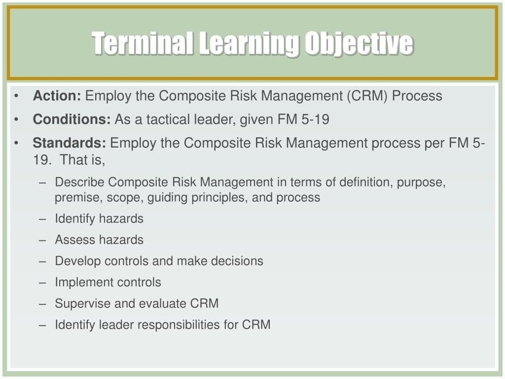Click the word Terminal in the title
point(143,43)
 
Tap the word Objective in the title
point(359,43)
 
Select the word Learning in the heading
point(250,43)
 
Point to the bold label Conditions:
point(72,119)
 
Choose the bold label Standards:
point(70,143)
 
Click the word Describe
point(80,183)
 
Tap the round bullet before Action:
point(17,96)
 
